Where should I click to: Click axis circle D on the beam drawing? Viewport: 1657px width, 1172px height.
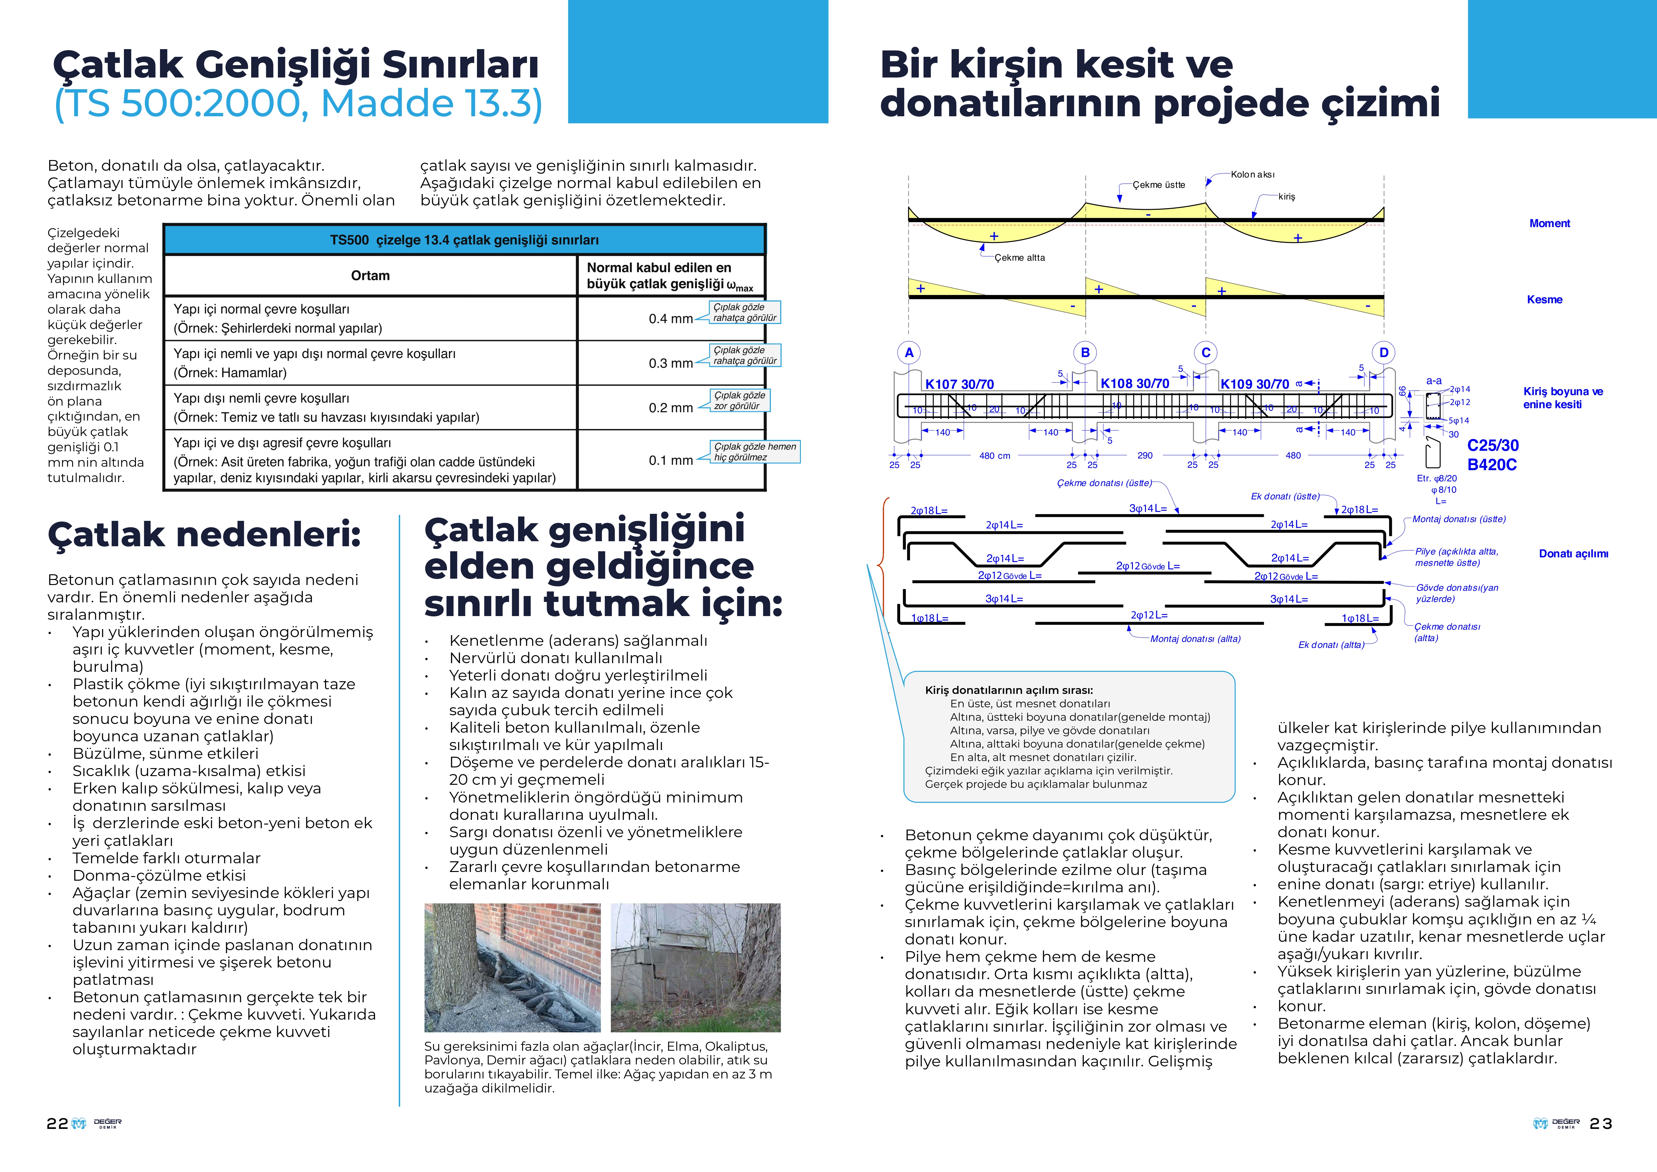pos(1383,353)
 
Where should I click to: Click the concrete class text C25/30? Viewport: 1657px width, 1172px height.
pos(1492,445)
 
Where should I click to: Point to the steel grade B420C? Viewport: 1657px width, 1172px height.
pos(1492,465)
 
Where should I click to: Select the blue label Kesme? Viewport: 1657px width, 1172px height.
pos(1544,299)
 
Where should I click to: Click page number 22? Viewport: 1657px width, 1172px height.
pos(57,1124)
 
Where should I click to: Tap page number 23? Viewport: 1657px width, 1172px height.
pos(1601,1124)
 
